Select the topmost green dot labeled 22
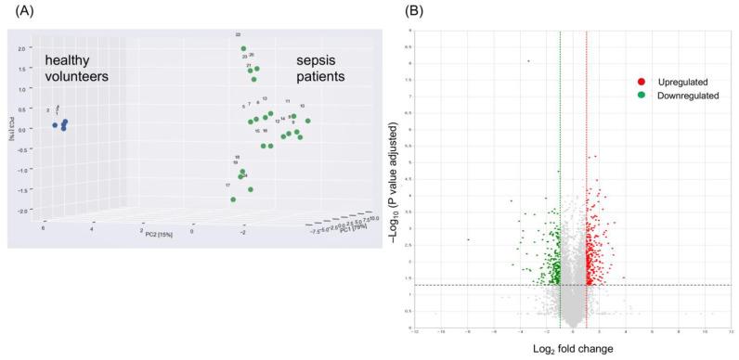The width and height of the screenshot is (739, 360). coord(243,49)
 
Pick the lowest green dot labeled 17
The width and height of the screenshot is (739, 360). coord(233,199)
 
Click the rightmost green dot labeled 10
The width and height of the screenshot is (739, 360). coord(308,120)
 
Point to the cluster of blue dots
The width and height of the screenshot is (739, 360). coord(62,124)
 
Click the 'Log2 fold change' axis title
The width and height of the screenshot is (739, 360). coord(571,349)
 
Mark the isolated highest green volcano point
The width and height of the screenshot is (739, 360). coord(528,61)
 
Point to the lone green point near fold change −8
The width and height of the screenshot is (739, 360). coord(468,239)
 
